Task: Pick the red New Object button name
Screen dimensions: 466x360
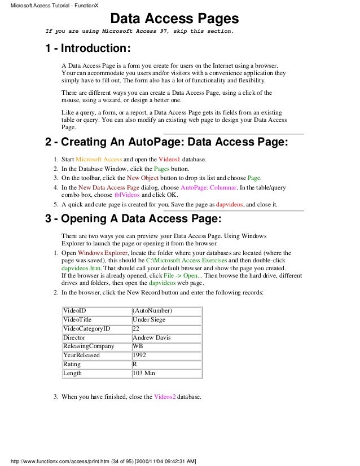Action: tap(142, 178)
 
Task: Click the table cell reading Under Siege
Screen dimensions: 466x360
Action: tap(150, 319)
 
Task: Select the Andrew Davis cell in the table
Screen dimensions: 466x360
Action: tap(152, 337)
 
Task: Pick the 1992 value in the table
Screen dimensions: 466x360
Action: tap(140, 355)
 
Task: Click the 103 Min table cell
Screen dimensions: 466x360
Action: tap(145, 373)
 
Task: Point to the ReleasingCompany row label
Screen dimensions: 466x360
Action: tap(89, 346)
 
